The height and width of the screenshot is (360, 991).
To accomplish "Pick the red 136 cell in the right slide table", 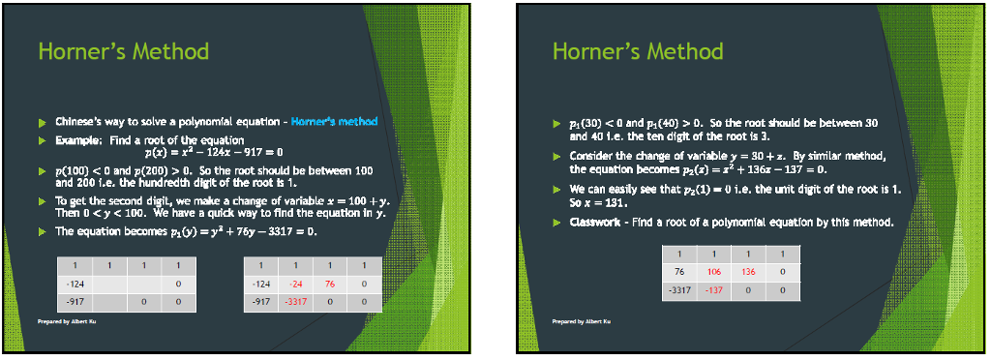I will click(x=748, y=271).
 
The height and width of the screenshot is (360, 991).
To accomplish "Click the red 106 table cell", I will click(x=714, y=271).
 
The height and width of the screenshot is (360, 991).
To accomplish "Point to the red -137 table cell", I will click(x=714, y=289).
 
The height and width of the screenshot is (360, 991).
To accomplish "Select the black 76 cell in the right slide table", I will click(x=679, y=271).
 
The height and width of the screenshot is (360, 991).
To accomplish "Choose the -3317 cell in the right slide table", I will click(x=679, y=289).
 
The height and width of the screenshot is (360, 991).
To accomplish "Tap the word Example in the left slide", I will click(x=73, y=140).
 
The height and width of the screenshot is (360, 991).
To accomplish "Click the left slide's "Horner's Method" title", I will click(x=123, y=50).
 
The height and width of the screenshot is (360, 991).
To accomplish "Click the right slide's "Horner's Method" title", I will click(x=638, y=50).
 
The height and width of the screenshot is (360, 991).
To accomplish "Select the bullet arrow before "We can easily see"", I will click(x=557, y=190).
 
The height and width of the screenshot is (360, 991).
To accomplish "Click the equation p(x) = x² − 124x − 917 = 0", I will click(x=213, y=152).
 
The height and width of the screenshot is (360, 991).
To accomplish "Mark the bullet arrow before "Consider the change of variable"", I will click(x=557, y=156).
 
